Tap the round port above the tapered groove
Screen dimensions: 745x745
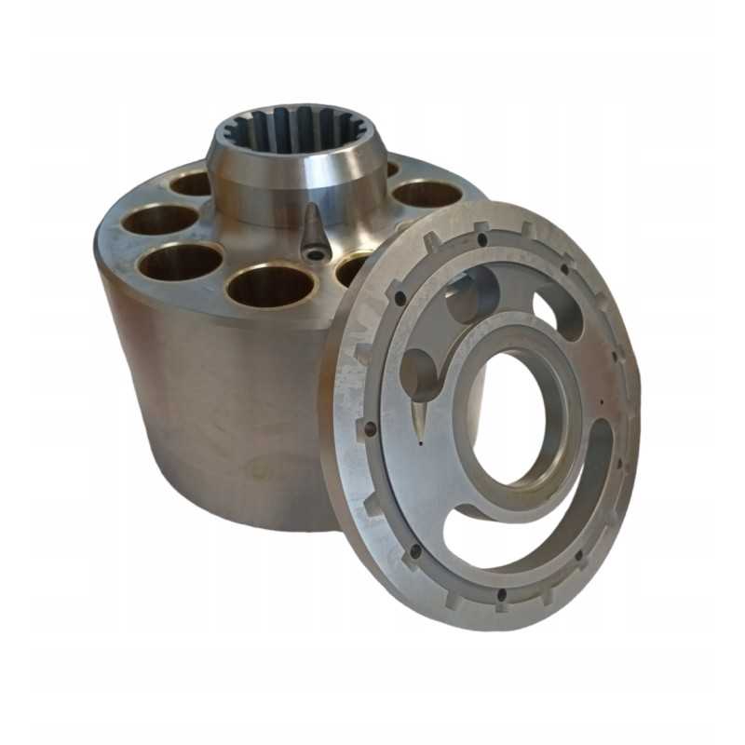pos(419,372)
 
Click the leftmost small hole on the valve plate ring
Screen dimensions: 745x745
pos(370,429)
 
